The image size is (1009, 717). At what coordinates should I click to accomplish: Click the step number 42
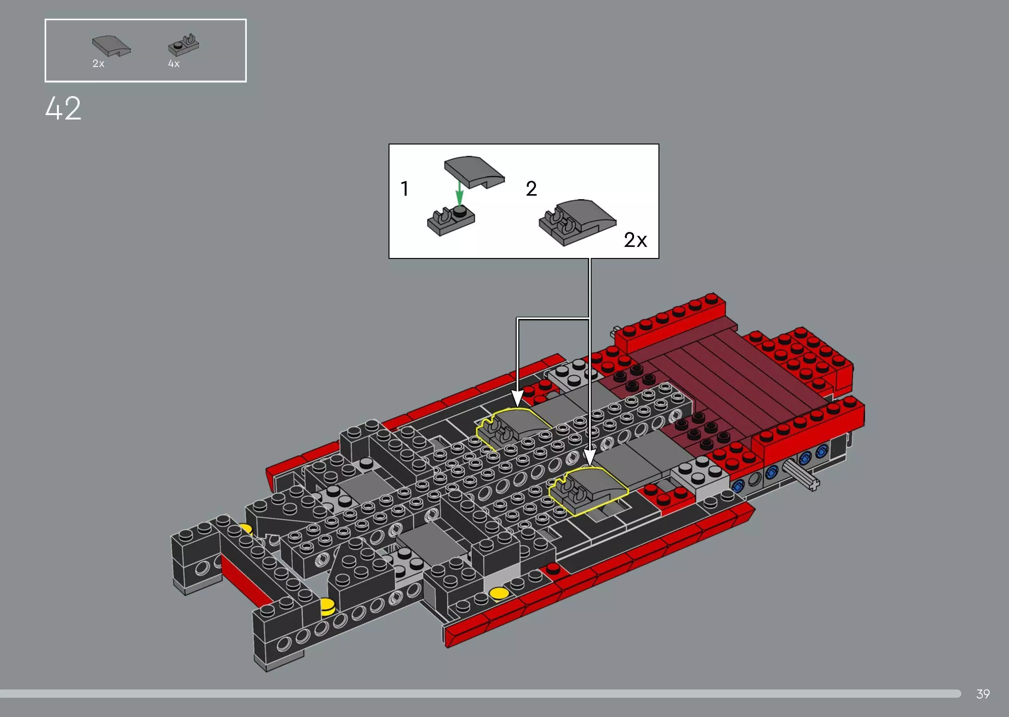pos(63,109)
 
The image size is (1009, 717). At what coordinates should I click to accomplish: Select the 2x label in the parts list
pos(98,64)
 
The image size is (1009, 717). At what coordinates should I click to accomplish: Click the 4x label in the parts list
pos(174,64)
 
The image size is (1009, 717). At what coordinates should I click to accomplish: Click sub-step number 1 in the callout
pos(404,189)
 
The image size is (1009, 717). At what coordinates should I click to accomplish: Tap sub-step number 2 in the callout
pos(531,189)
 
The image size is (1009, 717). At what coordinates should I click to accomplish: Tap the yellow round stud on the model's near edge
pos(498,593)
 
